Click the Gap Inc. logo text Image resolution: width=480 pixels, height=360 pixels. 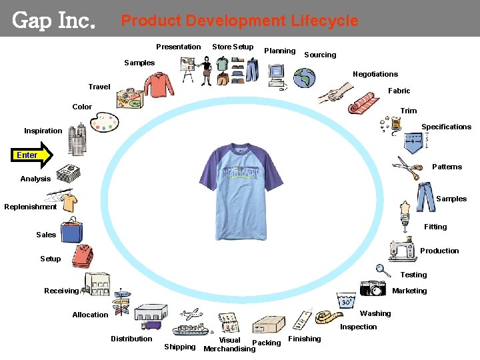tap(54, 21)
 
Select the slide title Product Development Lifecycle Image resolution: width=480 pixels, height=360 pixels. tap(239, 21)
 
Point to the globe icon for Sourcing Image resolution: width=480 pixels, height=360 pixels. tap(307, 78)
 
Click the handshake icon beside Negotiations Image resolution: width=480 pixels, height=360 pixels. tap(335, 93)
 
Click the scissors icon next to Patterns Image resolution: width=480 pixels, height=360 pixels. tap(407, 167)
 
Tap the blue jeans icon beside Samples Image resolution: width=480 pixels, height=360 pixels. tap(425, 196)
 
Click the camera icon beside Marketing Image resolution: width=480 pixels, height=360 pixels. tap(373, 287)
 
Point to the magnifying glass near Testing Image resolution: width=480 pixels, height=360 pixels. tap(383, 270)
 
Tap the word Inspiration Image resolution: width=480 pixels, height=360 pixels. tap(43, 131)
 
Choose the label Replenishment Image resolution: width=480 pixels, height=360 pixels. tap(30, 207)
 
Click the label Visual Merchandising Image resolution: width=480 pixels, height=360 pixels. tap(229, 345)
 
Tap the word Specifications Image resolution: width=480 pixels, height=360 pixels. tap(446, 127)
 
